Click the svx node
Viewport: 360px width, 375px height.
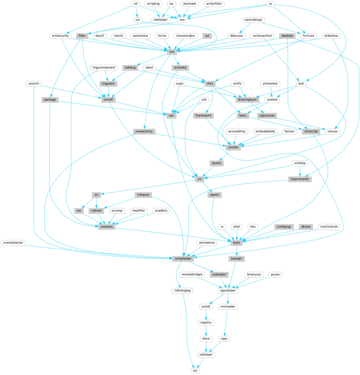(x=172, y=52)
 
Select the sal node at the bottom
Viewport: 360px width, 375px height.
(x=194, y=371)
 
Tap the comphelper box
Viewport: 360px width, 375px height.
(x=182, y=259)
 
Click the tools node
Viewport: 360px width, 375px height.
(x=236, y=242)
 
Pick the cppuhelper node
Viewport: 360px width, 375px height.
(x=227, y=290)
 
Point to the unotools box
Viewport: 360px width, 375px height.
(x=107, y=227)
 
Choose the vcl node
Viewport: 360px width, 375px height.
(x=199, y=178)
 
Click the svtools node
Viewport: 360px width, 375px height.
(x=232, y=146)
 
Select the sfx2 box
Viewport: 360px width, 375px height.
(x=210, y=83)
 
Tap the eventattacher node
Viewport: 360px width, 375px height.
(x=13, y=242)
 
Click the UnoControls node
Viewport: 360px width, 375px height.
(x=329, y=227)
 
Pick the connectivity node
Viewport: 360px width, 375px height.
(x=143, y=131)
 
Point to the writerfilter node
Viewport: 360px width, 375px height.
(x=214, y=4)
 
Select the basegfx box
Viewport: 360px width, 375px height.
(x=236, y=259)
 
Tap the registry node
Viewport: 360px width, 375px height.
(x=206, y=323)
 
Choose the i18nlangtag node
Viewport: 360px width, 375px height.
(x=182, y=290)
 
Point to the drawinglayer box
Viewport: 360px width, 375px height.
(x=247, y=99)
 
